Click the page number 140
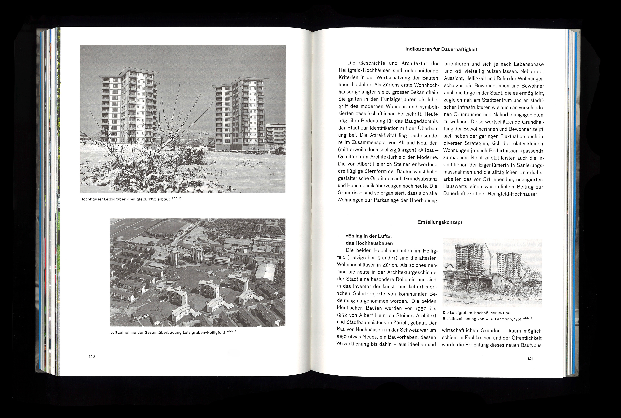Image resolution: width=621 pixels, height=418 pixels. (x=92, y=356)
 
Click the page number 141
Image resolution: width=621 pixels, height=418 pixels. (x=530, y=359)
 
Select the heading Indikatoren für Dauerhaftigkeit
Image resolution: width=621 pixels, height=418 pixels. (x=441, y=49)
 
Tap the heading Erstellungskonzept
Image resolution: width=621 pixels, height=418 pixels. (x=440, y=222)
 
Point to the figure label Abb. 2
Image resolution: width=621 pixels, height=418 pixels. (x=176, y=198)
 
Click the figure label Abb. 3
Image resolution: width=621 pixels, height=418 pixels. (x=231, y=331)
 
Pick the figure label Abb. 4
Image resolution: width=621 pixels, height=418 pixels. (x=528, y=318)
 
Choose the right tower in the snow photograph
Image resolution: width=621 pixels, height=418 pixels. (x=240, y=115)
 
